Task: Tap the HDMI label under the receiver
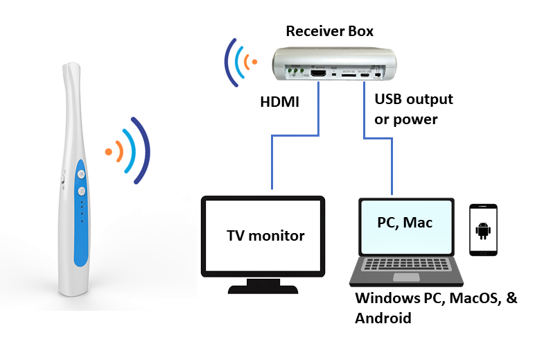tap(280, 103)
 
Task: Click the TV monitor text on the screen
tap(265, 236)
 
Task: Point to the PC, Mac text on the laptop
tap(405, 223)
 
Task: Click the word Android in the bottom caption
tap(383, 318)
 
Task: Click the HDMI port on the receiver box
tap(319, 73)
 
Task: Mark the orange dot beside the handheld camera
tap(107, 150)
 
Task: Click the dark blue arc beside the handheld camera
tap(142, 151)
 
